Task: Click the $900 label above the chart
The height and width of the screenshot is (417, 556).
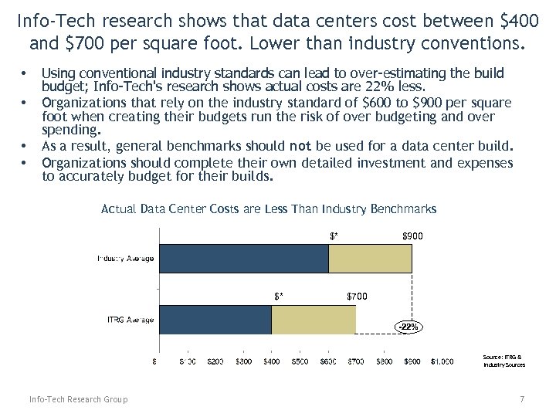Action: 412,236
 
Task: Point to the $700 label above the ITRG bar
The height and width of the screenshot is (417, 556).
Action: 357,296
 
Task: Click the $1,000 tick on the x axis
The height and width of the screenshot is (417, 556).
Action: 442,361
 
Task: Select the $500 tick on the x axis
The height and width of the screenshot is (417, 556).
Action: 300,361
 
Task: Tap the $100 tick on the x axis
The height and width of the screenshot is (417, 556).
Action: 186,361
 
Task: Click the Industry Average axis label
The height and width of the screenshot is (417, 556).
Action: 125,258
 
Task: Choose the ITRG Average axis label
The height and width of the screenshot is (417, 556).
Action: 130,320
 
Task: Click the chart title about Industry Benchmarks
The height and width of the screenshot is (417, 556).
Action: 269,208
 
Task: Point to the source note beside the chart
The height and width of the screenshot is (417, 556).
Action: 503,361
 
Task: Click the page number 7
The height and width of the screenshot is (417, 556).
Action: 522,399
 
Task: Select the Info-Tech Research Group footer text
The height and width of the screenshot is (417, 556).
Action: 78,399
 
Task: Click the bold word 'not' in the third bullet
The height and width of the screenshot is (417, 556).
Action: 322,145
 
